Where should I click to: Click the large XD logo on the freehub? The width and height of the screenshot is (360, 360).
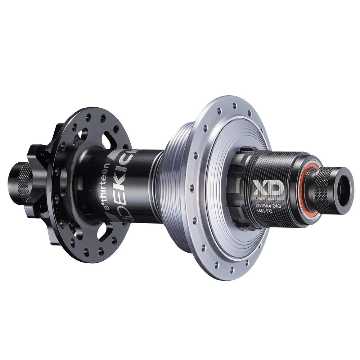pyautogui.click(x=265, y=188)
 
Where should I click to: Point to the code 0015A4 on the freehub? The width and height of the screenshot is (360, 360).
pyautogui.click(x=262, y=206)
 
